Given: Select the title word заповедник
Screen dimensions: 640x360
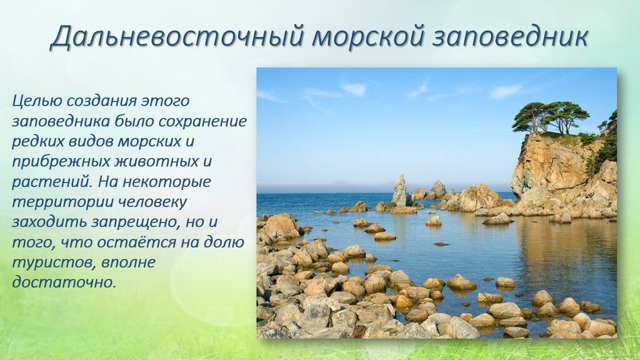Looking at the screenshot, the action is [x=509, y=37].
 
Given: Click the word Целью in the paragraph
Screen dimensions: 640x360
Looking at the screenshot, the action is [x=37, y=101].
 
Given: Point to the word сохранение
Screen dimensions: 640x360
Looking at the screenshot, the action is [x=202, y=122].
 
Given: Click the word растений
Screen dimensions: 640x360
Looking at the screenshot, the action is [x=51, y=182].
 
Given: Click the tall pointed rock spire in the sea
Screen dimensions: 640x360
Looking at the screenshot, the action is [x=399, y=191].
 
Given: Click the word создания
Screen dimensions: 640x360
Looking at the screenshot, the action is [x=102, y=101].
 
